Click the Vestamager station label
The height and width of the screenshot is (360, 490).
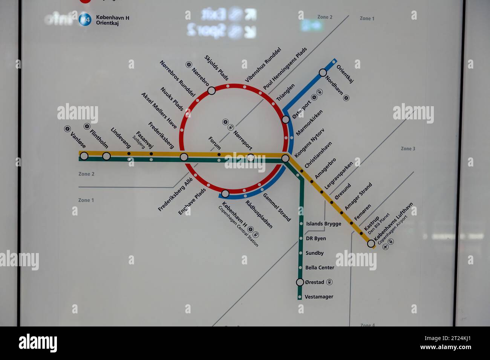point(319,297)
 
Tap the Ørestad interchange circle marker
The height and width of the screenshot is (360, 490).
point(300,282)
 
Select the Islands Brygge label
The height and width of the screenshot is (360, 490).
point(323,224)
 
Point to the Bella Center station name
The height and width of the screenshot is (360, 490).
point(320,268)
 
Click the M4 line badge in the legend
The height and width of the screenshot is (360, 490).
point(85,20)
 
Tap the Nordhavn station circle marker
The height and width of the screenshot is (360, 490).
point(323,73)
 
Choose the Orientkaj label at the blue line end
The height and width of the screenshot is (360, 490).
point(345,74)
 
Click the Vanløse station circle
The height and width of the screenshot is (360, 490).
point(84,156)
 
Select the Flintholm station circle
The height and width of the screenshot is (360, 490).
point(107,156)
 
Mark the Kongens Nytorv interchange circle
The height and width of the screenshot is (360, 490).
point(285,159)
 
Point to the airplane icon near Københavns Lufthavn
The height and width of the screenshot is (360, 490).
point(385,247)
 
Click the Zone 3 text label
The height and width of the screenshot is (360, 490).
point(408,149)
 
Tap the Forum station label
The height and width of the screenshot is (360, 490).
point(214,143)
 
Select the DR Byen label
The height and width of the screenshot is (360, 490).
point(316,238)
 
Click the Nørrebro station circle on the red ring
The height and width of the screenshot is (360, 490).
point(211,90)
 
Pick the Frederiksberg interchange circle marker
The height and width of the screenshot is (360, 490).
point(184,157)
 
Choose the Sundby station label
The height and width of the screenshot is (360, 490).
point(314,253)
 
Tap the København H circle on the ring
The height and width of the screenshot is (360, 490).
point(225,194)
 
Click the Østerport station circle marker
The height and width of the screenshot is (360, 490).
point(286,119)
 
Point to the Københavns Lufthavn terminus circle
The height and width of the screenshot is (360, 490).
point(371,243)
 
